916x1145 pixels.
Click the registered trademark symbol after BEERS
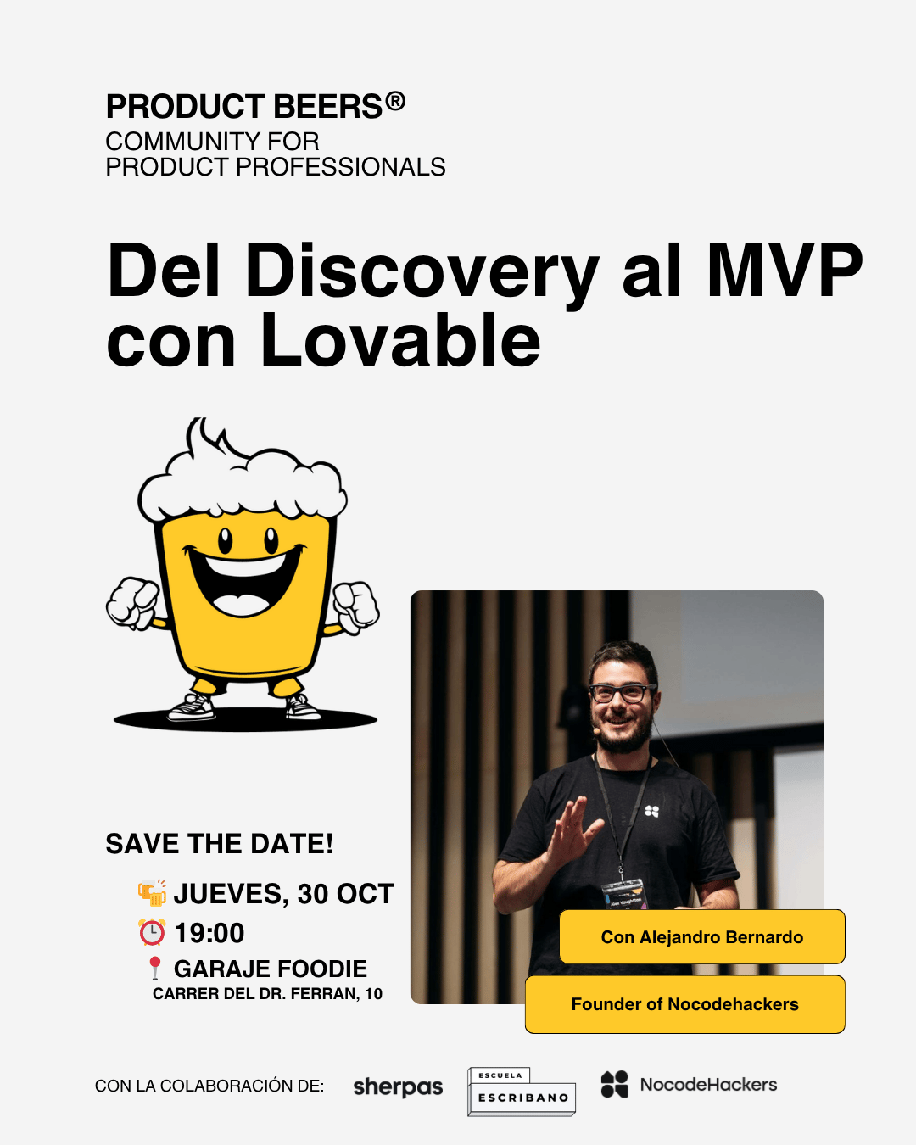click(x=395, y=101)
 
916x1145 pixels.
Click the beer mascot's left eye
click(x=225, y=540)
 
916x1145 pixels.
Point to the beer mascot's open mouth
click(x=243, y=581)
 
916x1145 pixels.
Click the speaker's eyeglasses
click(x=623, y=693)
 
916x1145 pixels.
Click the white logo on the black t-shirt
click(x=651, y=812)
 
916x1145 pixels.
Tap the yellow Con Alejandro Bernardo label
click(x=702, y=937)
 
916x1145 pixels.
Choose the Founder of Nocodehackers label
click(x=685, y=1004)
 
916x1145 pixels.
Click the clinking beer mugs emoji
click(x=152, y=893)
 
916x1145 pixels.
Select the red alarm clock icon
click(x=152, y=933)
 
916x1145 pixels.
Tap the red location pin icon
click(x=155, y=968)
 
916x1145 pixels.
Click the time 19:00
click(x=209, y=933)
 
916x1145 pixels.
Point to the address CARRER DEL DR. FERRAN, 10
click(x=267, y=994)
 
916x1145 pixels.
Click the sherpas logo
click(x=398, y=1086)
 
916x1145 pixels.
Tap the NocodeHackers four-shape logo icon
click(x=615, y=1084)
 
